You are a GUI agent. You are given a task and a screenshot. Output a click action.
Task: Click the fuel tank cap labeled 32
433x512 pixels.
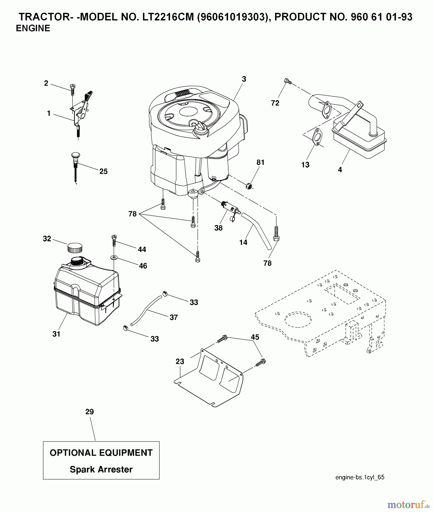75,248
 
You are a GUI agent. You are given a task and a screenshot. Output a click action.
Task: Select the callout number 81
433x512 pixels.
260,162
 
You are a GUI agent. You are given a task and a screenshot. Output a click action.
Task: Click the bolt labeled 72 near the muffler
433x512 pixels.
287,81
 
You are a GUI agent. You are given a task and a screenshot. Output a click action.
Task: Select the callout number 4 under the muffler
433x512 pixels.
340,170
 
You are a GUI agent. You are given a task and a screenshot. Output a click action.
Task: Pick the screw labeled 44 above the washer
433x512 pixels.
114,240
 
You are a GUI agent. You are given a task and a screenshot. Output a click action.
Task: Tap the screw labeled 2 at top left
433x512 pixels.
72,87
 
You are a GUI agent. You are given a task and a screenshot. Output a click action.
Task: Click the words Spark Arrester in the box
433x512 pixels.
101,469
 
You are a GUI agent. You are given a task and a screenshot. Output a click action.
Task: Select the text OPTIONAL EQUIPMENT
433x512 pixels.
101,453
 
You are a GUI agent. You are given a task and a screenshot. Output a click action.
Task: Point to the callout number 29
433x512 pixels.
89,412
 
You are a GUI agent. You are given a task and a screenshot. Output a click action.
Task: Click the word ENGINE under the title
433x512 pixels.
33,28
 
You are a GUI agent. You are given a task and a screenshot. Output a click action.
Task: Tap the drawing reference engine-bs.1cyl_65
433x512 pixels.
360,477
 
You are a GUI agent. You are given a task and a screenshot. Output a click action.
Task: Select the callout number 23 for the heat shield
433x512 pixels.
180,362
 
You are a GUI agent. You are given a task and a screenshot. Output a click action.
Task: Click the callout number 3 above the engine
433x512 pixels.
244,79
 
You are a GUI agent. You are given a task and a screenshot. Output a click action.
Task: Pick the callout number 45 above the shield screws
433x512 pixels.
255,337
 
